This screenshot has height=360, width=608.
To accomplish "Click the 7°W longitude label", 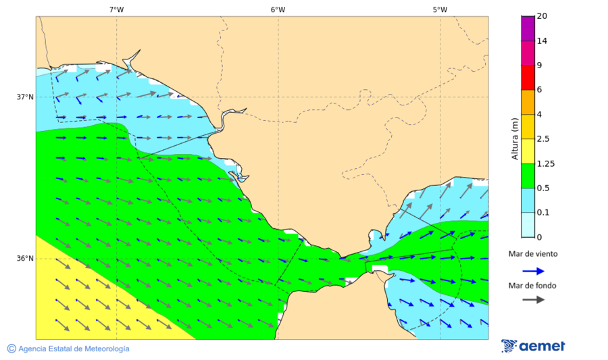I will [116, 9].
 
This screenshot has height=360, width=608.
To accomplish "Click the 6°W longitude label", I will [278, 9].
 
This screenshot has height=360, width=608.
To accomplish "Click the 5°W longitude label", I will [440, 9].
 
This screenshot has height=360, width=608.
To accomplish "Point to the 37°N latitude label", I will [25, 97].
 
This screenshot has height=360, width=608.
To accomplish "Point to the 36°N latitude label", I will [25, 259].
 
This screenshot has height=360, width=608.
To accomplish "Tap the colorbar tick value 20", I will [541, 16].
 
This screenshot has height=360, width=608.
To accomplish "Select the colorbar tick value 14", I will [541, 41].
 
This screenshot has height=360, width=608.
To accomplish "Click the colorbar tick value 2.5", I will [542, 139].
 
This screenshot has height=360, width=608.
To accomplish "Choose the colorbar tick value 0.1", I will [542, 213].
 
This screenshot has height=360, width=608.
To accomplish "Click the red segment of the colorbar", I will [528, 78].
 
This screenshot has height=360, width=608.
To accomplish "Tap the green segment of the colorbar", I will [528, 176].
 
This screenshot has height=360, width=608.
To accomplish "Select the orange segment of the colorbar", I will [528, 102].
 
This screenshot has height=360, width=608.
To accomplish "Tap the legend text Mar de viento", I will [533, 254].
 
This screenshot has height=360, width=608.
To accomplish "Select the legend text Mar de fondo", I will [533, 285].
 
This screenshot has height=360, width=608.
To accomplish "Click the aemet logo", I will [533, 346].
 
